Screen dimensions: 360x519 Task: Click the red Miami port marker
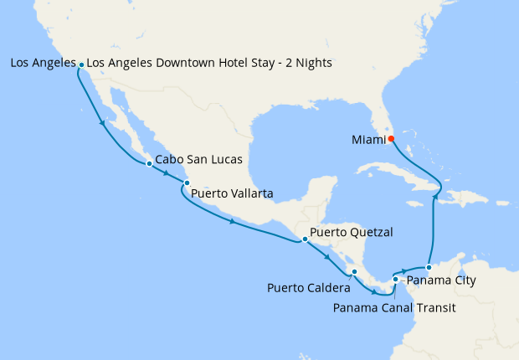[391, 139]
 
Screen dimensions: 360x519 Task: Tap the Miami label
[365, 140]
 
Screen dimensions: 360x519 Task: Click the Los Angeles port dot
[81, 64]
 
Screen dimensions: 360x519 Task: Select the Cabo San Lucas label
[199, 158]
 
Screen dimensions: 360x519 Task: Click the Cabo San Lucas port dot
[149, 164]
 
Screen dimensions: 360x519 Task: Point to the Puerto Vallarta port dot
[187, 183]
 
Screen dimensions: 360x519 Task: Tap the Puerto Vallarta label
[232, 194]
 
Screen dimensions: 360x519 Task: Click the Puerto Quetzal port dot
[305, 239]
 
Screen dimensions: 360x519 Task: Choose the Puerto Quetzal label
[352, 232]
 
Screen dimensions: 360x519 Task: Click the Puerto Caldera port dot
[355, 272]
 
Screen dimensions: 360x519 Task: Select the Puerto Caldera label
[309, 289]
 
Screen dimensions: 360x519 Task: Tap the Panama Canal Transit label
[393, 307]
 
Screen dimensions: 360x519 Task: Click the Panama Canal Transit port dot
[395, 280]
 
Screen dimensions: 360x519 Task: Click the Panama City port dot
[429, 268]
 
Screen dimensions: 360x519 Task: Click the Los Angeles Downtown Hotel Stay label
[209, 64]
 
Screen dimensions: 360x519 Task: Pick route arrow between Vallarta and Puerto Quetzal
[231, 222]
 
